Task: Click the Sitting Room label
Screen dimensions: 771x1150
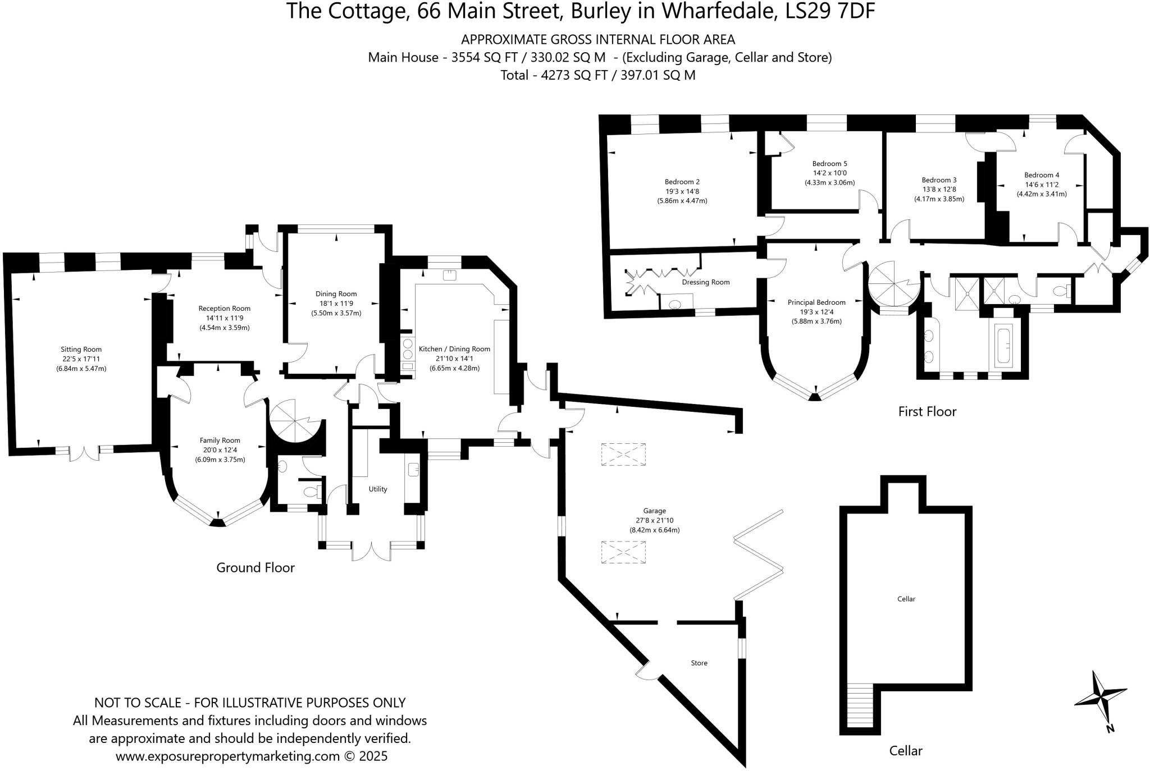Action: [x=81, y=349]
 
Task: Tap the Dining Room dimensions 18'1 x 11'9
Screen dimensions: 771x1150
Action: [x=336, y=304]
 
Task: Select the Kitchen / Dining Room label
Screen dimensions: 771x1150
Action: [x=454, y=349]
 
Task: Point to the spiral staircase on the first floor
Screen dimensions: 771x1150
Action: [x=893, y=284]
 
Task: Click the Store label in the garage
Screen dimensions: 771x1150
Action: [x=699, y=663]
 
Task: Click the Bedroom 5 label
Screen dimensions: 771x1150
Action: [x=829, y=164]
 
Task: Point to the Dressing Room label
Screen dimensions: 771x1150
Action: [x=705, y=282]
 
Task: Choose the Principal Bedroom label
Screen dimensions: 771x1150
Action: [x=816, y=302]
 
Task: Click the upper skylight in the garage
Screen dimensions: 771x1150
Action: [x=623, y=454]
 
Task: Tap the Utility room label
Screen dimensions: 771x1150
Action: [x=378, y=489]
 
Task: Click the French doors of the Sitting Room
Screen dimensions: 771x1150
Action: [x=85, y=452]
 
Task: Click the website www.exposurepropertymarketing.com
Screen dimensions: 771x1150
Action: [x=227, y=756]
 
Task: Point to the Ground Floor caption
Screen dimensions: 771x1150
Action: [x=255, y=567]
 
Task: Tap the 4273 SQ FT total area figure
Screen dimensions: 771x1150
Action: [x=574, y=75]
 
